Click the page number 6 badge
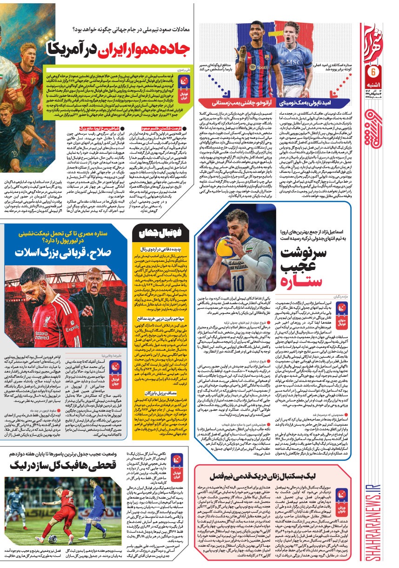click(372, 72)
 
